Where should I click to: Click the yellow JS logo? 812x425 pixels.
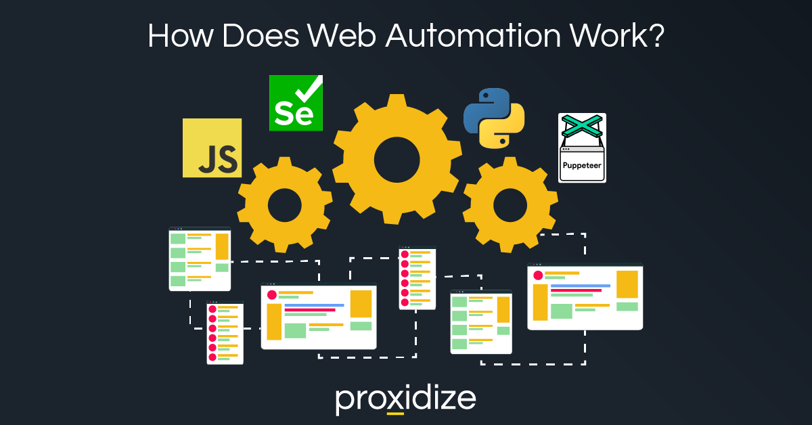(x=212, y=148)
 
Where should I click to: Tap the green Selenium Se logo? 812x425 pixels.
(x=296, y=103)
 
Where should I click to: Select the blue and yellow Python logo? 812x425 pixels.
(x=494, y=118)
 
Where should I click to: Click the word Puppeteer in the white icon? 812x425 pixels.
(x=582, y=165)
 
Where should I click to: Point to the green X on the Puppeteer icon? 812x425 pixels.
(x=582, y=126)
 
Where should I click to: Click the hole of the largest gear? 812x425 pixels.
(x=397, y=160)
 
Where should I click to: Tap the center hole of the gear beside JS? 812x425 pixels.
(x=285, y=205)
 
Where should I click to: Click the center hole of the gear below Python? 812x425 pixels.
(x=510, y=205)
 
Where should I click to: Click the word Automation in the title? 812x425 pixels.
(x=473, y=36)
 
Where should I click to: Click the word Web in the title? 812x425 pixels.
(x=342, y=36)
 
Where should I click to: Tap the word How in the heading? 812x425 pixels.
(x=180, y=36)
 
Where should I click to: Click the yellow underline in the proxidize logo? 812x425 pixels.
(x=395, y=413)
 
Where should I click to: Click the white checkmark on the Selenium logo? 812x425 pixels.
(x=309, y=89)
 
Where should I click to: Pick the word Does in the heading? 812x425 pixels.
(x=261, y=36)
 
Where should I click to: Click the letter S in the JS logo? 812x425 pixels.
(x=227, y=159)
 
